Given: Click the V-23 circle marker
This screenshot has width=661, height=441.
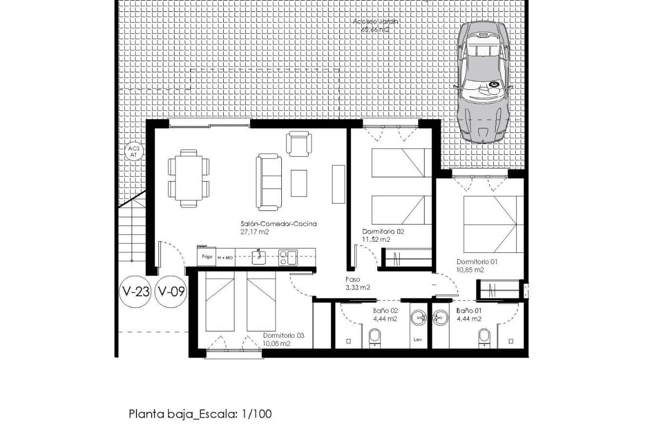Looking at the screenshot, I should pos(135,292).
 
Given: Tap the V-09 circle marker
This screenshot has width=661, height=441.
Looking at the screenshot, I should pos(171,292).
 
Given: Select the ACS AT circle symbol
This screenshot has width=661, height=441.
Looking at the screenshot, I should pos(134,152).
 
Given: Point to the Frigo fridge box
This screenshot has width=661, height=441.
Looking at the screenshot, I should pos(207,257).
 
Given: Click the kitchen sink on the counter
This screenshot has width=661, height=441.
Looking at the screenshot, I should pos(259,257).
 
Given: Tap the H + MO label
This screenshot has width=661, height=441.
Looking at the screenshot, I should pos(225,258).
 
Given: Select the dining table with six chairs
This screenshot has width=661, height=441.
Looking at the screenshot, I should pos(189,178).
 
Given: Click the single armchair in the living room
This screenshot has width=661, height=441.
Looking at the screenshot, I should pos(299,144).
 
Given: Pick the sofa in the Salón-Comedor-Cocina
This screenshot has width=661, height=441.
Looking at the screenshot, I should pos(269,182).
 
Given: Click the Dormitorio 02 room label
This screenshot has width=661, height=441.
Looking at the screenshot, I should pos(383,232).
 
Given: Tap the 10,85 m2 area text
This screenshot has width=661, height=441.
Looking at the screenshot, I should pos(470,270).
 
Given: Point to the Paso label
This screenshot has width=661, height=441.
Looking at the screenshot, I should pos(353,279).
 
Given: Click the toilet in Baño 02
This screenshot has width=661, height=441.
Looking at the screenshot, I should pos(375,338).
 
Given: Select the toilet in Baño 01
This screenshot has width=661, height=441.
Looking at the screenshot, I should pos(484,338).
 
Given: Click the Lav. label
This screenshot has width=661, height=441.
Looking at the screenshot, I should pos(418,340).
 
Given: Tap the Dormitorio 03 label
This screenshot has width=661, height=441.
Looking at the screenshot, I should pos(283,335).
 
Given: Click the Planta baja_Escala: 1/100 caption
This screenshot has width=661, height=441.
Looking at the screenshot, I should pos(200,414).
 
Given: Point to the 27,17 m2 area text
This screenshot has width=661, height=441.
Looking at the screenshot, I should pos(254,232).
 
